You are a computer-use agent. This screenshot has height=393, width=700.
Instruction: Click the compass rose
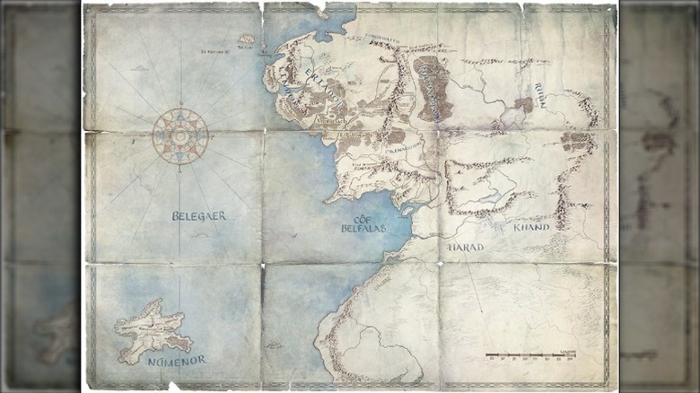tap(180, 135)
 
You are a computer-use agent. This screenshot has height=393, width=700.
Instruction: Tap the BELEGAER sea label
tap(198, 215)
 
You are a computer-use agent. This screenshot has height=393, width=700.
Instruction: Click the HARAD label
tap(465, 246)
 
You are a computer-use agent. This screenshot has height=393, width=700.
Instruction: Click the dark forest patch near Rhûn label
tap(523, 104)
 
